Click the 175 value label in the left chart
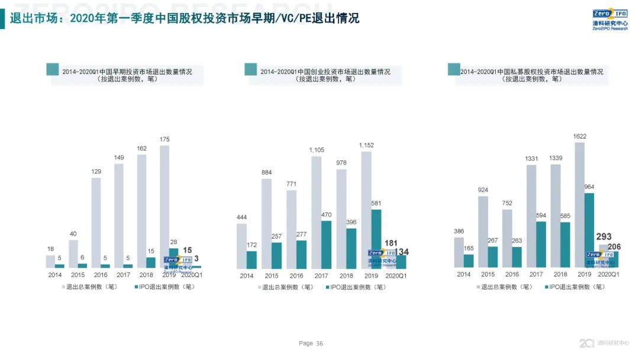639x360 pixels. coord(164,140)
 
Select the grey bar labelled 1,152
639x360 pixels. coord(366,201)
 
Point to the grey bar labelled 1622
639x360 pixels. coord(580,201)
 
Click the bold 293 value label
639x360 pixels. coord(603,237)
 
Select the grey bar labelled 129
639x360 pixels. coord(96,223)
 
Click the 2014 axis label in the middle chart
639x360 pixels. coord(246,276)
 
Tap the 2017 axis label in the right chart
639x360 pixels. coord(536,275)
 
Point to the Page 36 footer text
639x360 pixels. coord(311,343)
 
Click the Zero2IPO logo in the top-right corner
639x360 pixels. coord(610,20)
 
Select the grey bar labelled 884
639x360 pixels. coord(267,223)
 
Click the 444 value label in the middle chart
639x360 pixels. coord(241,218)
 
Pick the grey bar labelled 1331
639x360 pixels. coord(531,216)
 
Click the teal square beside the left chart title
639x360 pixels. coord(52,69)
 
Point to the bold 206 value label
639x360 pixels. coord(614,247)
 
